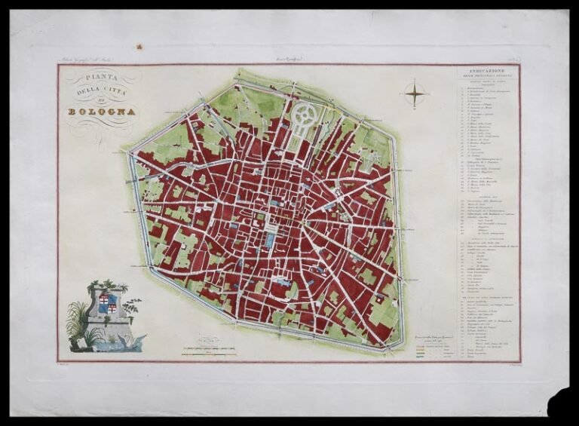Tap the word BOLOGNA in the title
point(102,112)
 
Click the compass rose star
point(415,94)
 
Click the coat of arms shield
point(108,305)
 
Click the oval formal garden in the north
point(305,118)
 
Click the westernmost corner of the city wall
point(131,153)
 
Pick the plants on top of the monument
point(106,286)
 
